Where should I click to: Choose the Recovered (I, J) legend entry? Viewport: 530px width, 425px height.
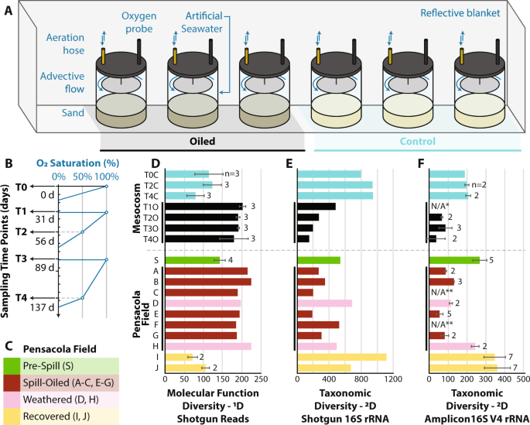click(59, 416)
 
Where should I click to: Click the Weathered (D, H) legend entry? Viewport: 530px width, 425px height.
click(59, 399)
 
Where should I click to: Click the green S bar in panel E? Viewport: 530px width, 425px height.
click(319, 260)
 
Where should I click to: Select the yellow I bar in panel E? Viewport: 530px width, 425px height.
click(342, 357)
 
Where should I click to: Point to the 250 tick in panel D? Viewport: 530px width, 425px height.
click(260, 379)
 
